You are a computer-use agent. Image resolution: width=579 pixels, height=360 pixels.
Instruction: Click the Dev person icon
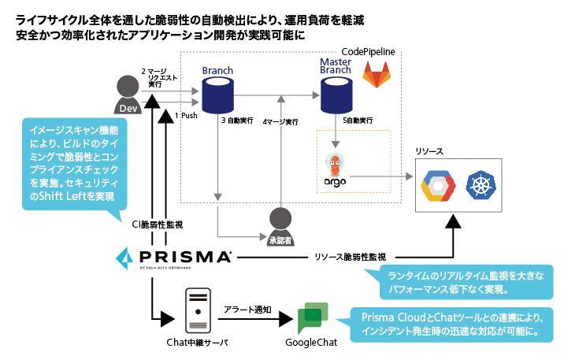coord(127,95)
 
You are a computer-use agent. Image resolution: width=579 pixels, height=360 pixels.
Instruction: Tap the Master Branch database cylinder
coord(335,96)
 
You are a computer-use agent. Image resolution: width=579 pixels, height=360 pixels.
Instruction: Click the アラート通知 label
coord(247,310)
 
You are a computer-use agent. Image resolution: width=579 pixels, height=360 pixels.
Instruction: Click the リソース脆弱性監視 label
coord(350,257)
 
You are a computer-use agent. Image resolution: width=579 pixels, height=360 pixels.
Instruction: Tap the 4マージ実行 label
coord(280,122)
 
